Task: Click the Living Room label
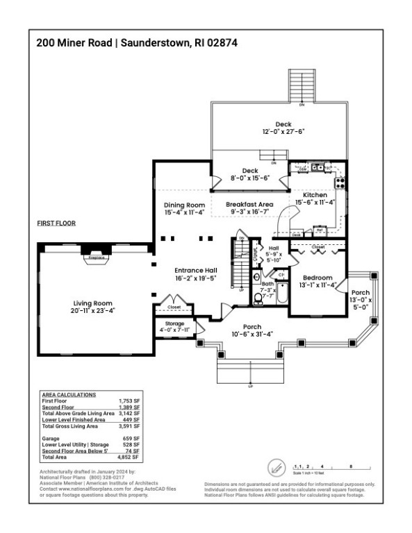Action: click(93, 303)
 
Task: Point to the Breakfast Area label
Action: click(249, 204)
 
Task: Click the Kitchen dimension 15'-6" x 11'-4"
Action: click(315, 203)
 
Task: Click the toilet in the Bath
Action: click(258, 299)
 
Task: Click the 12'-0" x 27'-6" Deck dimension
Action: click(283, 131)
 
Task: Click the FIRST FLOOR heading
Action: click(56, 223)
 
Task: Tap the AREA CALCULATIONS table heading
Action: click(69, 394)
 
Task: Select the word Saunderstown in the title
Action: click(155, 42)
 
